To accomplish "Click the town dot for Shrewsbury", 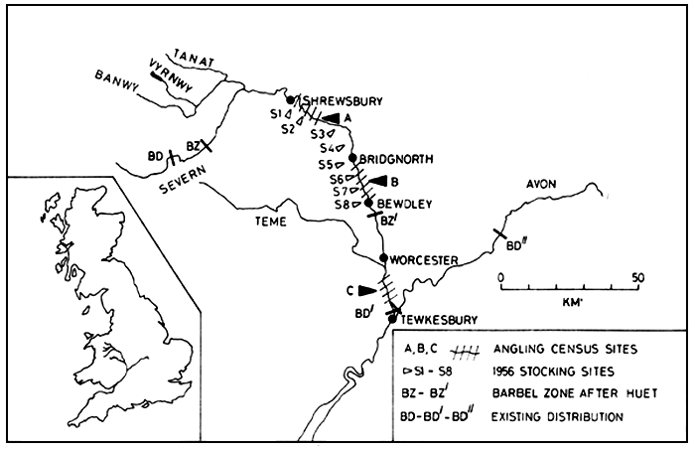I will click(290, 100).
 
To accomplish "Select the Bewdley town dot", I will click(368, 203).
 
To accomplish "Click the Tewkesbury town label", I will click(436, 320).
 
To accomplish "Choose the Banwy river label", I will click(113, 75).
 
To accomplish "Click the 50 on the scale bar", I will click(637, 277).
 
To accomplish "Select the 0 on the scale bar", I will click(501, 277).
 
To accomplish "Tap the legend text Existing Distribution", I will click(562, 415).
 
